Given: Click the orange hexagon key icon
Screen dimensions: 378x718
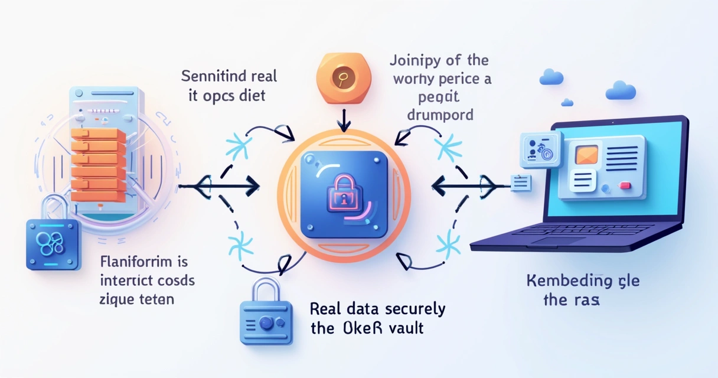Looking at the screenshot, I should point(342,79).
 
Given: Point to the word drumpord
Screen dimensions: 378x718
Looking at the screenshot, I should point(440,114).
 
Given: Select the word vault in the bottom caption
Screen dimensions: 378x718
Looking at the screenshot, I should point(402,328).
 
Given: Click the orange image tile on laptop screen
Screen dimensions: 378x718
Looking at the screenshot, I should point(586,155).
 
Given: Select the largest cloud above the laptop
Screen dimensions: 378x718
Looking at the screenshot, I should point(620,90).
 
